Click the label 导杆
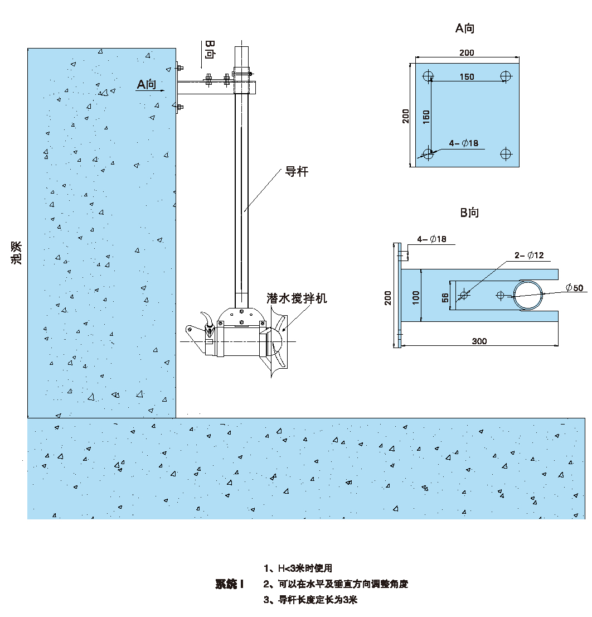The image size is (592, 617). point(297,172)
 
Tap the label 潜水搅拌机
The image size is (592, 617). point(297,298)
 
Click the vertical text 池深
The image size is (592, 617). point(17,253)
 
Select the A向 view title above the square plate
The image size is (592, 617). point(465,28)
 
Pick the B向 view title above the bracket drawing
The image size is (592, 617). point(469,213)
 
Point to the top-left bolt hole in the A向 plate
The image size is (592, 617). point(429,76)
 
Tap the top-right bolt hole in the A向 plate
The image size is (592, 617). point(506,76)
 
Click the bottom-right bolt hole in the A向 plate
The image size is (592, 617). point(506,153)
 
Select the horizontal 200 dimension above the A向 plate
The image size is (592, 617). point(467,52)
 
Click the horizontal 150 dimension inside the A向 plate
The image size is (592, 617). point(467,77)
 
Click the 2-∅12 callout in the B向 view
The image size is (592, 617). point(528,256)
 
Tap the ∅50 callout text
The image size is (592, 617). point(574,288)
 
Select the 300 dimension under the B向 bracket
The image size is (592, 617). point(479,341)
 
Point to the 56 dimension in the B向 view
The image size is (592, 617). point(445,298)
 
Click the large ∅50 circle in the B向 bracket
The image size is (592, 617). point(527,295)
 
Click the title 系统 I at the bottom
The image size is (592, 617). point(230,584)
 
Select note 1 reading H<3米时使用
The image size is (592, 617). point(298,568)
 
